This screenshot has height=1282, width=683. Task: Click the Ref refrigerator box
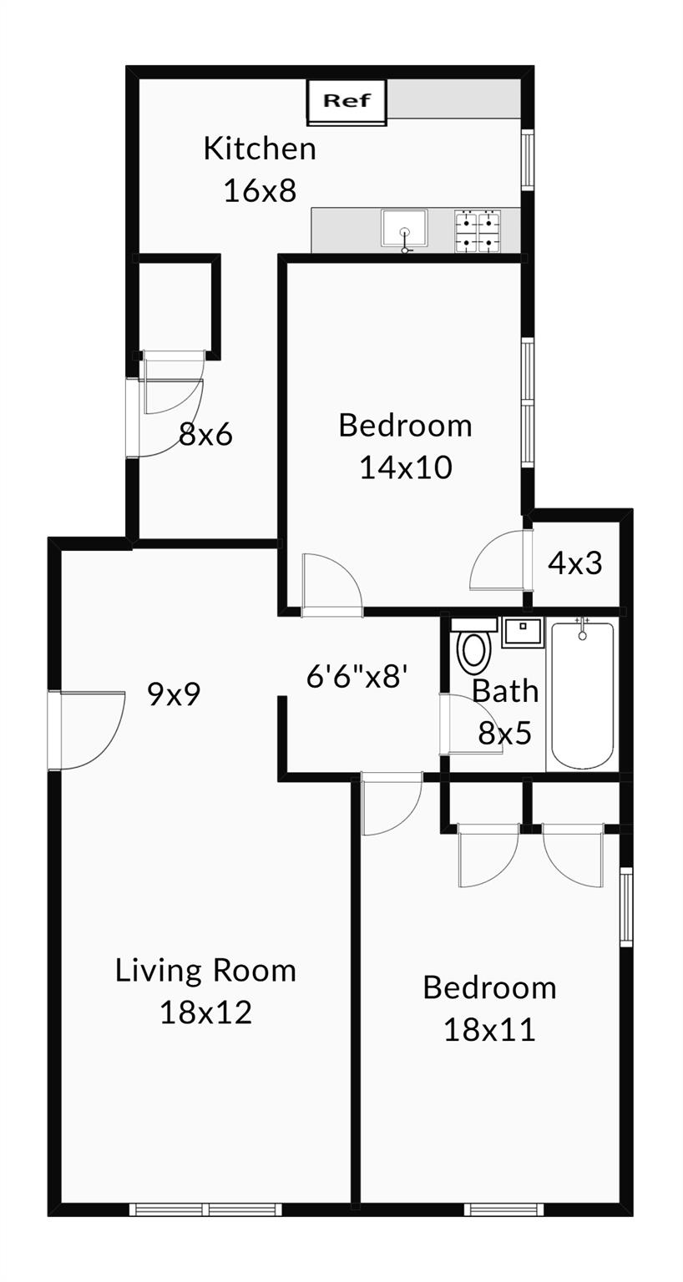coord(347,102)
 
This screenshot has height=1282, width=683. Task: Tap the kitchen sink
coord(404,229)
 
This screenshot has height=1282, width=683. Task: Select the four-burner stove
coord(477,231)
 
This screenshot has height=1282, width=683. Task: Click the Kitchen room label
coord(260,149)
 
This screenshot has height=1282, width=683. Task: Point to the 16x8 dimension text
coord(260,191)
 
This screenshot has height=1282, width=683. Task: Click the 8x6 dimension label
coord(205,434)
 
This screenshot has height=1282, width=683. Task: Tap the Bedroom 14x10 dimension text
coord(406,467)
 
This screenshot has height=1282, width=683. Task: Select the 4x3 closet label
coord(575,563)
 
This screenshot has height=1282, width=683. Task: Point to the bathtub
coord(582,695)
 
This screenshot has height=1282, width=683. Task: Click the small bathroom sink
coord(523,631)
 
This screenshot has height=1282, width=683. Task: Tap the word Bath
coord(505,691)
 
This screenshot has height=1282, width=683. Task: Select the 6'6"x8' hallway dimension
coord(357,676)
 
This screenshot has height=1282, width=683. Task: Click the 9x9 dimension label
coord(175,694)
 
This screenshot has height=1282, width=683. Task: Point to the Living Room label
coord(205,971)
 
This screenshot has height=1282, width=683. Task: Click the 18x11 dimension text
coord(489,1030)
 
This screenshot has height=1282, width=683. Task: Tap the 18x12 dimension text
coord(205,1013)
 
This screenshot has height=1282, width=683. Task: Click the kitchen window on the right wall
coord(528,159)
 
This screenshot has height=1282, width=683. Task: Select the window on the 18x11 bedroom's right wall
coord(625,906)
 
